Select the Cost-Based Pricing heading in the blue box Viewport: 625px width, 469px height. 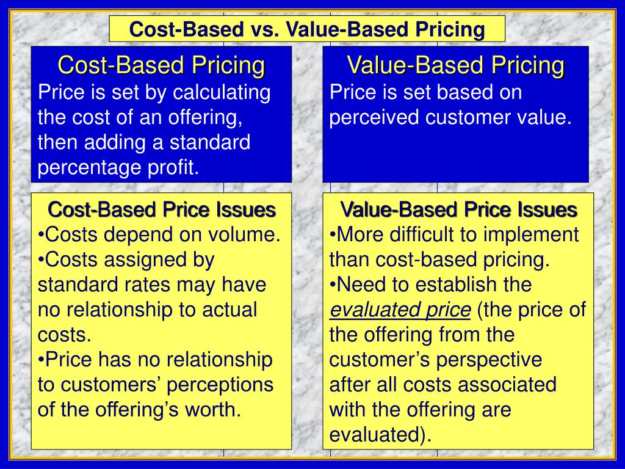161,65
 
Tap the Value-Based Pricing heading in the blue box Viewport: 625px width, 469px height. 455,65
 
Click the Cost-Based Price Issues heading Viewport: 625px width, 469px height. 161,209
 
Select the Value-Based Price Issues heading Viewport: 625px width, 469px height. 458,209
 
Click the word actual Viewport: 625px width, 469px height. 227,310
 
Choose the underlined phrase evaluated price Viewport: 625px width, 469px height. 400,310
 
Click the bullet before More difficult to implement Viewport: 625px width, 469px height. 333,235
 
